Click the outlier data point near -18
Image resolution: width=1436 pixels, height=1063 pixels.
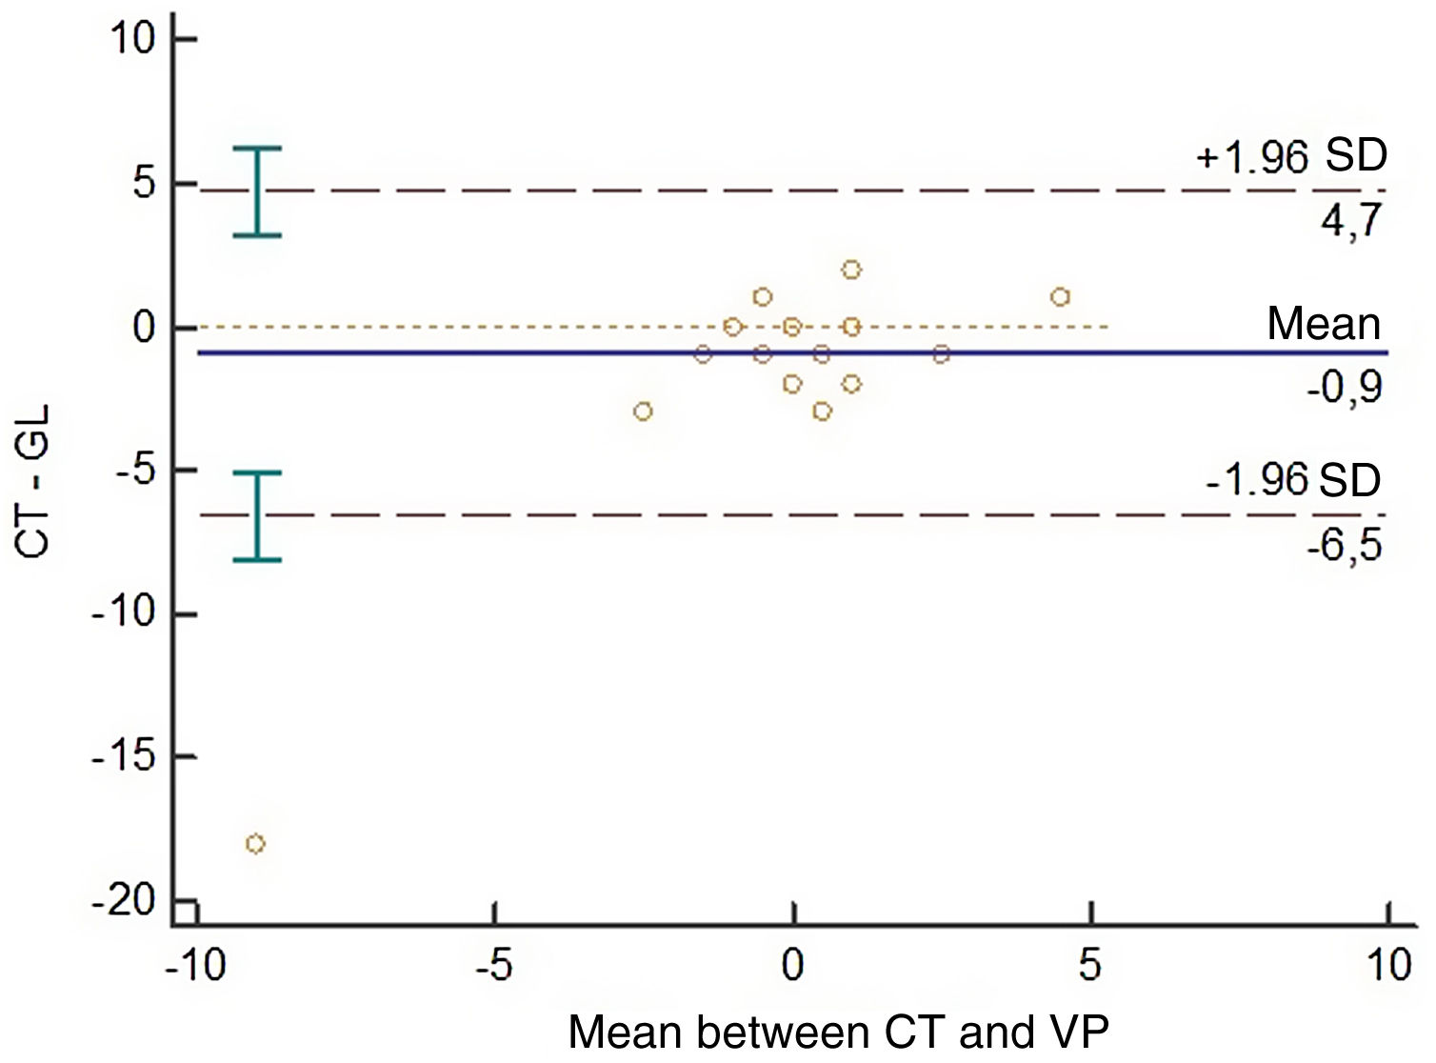(x=255, y=844)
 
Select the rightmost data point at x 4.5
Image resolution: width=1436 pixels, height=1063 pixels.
(x=1061, y=297)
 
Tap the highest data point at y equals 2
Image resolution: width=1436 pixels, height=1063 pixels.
(x=851, y=271)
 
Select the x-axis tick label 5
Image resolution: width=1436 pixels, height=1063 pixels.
(x=1089, y=966)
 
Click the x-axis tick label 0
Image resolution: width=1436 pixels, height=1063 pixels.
(x=792, y=966)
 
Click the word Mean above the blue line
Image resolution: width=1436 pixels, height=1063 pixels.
(x=1323, y=325)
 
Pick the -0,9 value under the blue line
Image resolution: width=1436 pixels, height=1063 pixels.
(x=1343, y=387)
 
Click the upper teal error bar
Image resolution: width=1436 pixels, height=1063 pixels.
(x=257, y=191)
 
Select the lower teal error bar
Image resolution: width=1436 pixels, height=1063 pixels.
(x=257, y=516)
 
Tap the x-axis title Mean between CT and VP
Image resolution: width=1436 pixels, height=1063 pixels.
(x=839, y=1033)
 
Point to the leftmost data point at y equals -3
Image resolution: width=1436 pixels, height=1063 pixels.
(x=644, y=411)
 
